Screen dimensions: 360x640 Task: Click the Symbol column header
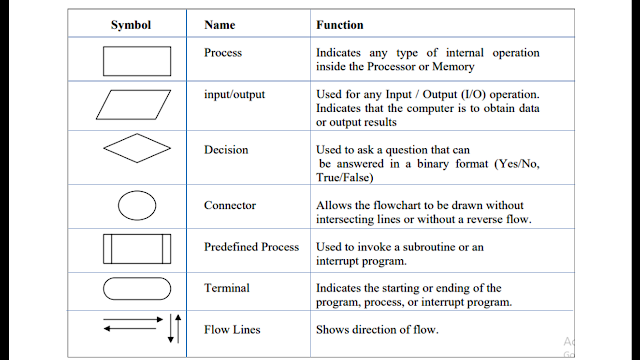coord(130,24)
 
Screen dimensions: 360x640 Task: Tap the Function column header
coord(340,24)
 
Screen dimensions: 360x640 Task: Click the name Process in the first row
coord(223,52)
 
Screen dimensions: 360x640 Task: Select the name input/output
coord(234,93)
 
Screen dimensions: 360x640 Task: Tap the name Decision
coord(226,150)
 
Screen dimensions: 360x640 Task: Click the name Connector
coord(230,206)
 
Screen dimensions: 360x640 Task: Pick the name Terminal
coord(227,287)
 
